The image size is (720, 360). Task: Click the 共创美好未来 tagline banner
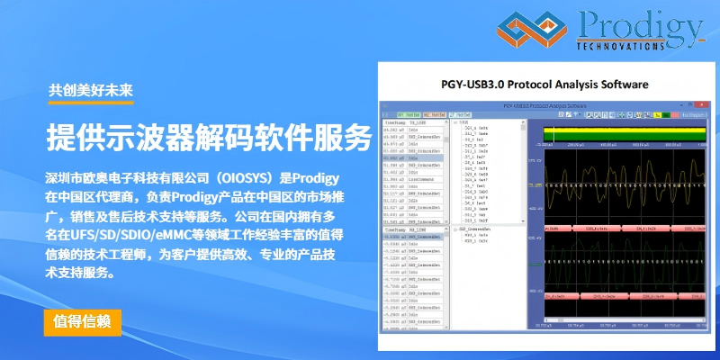coord(91,89)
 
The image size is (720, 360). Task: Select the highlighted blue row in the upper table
coord(414,157)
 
